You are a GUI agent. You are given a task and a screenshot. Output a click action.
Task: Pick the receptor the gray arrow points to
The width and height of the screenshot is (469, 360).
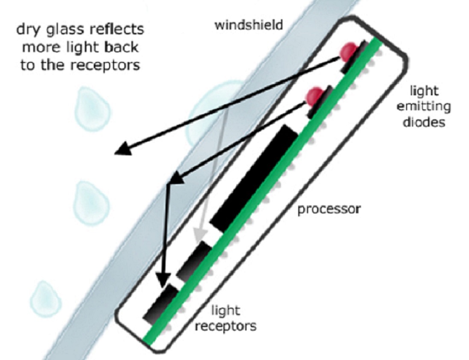pyautogui.click(x=194, y=261)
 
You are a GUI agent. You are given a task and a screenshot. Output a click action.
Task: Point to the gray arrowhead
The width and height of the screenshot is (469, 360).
pyautogui.click(x=199, y=235)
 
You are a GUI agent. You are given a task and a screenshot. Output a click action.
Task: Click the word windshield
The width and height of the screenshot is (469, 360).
pyautogui.click(x=249, y=25)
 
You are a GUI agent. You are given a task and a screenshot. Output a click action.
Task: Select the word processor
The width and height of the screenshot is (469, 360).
pyautogui.click(x=329, y=210)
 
